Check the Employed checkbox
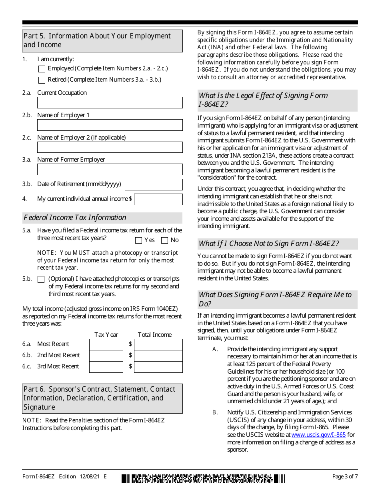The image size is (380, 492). click(x=42, y=69)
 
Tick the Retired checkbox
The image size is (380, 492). click(x=42, y=80)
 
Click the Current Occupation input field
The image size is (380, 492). click(x=110, y=103)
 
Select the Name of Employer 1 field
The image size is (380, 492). click(x=110, y=125)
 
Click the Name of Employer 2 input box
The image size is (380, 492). click(x=110, y=147)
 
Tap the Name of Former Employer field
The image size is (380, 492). click(x=110, y=170)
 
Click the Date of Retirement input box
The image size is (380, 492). click(x=154, y=184)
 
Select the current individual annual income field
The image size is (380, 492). click(x=158, y=199)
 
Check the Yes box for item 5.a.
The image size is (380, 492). click(x=139, y=240)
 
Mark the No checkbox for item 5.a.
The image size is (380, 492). click(x=164, y=240)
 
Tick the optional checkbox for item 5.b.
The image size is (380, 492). click(x=41, y=280)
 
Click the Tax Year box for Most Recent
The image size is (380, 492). click(x=106, y=344)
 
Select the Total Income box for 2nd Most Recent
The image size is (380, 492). click(x=158, y=356)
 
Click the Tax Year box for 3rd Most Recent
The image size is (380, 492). click(x=106, y=367)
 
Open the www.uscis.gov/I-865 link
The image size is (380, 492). click(x=318, y=435)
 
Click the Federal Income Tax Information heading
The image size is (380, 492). click(x=75, y=218)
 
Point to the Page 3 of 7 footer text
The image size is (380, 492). click(x=345, y=476)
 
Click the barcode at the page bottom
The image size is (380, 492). click(x=203, y=478)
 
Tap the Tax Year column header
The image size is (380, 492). click(x=106, y=335)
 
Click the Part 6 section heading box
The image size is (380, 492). click(x=102, y=398)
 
